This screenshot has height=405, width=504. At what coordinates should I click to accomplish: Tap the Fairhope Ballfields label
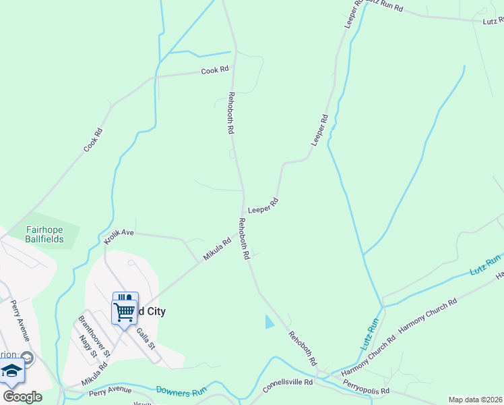44,234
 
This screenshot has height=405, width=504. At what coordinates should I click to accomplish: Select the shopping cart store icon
125,312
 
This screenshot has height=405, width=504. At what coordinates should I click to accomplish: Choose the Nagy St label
87,346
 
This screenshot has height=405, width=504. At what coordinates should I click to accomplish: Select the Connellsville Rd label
288,382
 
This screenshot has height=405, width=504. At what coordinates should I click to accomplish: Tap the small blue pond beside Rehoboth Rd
270,322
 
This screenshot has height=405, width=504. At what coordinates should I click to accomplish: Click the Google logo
22,397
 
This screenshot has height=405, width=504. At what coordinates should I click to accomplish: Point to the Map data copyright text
476,400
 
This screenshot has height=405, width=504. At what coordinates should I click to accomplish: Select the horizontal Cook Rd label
215,70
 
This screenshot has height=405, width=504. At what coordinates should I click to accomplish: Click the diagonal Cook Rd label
93,139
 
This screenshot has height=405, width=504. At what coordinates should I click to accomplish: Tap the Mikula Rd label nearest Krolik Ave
217,248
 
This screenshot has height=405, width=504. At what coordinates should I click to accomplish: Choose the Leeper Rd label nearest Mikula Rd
263,206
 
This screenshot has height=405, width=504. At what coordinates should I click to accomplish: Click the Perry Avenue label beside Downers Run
110,390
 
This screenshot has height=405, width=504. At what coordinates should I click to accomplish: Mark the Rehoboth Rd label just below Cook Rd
231,112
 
